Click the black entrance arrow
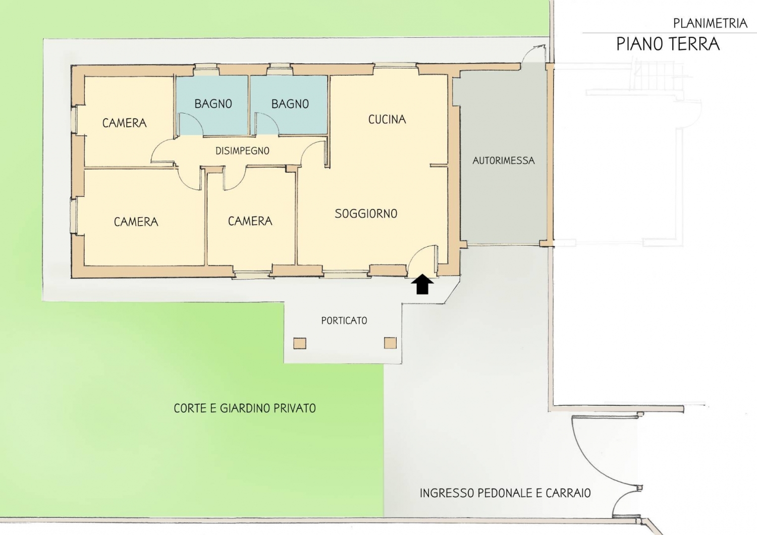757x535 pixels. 422,284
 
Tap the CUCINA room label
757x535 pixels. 387,119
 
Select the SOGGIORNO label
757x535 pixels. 366,213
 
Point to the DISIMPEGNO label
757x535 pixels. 242,151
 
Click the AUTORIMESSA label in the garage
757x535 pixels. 504,161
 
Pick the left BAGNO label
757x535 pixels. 213,104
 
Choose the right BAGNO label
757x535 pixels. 290,104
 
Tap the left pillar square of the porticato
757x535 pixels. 300,343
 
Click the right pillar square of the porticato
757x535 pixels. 390,343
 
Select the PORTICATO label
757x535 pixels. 344,320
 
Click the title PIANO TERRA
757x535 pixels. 668,44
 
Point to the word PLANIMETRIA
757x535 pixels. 710,23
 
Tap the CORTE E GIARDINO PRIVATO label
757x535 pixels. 245,408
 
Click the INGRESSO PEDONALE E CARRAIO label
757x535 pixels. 505,493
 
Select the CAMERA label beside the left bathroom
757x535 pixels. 124,123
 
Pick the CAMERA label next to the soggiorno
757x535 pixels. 250,221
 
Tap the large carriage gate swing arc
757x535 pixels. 588,463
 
